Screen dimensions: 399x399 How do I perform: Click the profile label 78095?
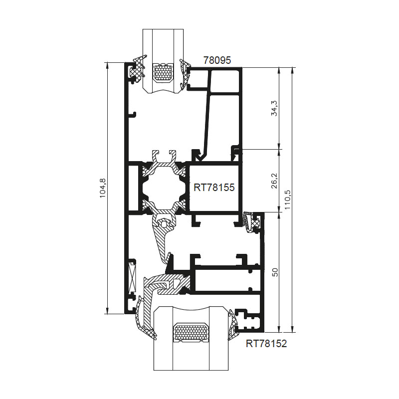(x=217, y=60)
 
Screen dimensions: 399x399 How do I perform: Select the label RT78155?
(x=214, y=188)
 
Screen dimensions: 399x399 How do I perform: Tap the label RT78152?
(x=266, y=344)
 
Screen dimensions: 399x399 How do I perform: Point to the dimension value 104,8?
(x=102, y=189)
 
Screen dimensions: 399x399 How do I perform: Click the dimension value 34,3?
(x=275, y=108)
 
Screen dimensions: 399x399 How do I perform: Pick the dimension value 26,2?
(x=275, y=181)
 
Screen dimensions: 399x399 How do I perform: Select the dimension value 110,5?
(x=287, y=200)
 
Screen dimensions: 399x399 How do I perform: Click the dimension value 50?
(x=275, y=272)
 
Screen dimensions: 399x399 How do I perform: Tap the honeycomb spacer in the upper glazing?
(x=163, y=72)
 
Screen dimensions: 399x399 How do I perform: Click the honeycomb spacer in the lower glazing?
(x=191, y=333)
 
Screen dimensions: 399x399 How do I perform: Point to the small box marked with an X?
(x=132, y=278)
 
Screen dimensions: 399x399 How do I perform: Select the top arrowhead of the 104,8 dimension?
(x=107, y=66)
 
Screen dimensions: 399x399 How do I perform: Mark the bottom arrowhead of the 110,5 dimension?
(x=292, y=329)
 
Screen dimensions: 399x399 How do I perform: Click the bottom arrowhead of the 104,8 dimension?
(x=107, y=311)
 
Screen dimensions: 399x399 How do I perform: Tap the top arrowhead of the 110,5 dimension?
(x=292, y=70)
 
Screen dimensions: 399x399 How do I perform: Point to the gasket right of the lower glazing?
(x=233, y=324)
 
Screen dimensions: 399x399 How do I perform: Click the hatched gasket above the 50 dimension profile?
(x=251, y=221)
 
